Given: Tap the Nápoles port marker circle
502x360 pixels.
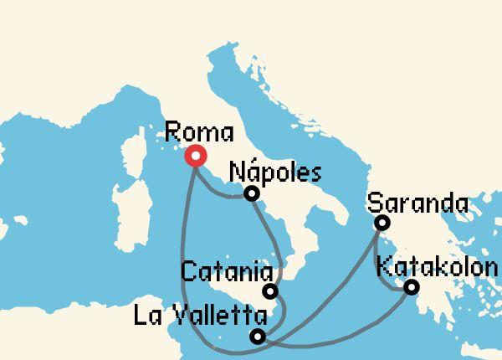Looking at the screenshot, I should click(x=251, y=194).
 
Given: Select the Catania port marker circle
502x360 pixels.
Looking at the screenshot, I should click(x=270, y=291).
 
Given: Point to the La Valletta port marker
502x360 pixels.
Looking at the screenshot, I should click(x=258, y=337).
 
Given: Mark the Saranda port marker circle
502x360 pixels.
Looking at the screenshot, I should click(x=382, y=223).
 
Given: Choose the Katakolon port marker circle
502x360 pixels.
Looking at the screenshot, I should click(x=411, y=287).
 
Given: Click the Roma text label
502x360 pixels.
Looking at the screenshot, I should click(x=199, y=132).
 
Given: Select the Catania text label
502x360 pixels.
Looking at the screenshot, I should click(x=227, y=272).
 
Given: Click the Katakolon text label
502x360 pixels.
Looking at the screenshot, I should click(x=438, y=268).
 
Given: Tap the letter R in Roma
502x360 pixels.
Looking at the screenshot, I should click(x=173, y=132).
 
